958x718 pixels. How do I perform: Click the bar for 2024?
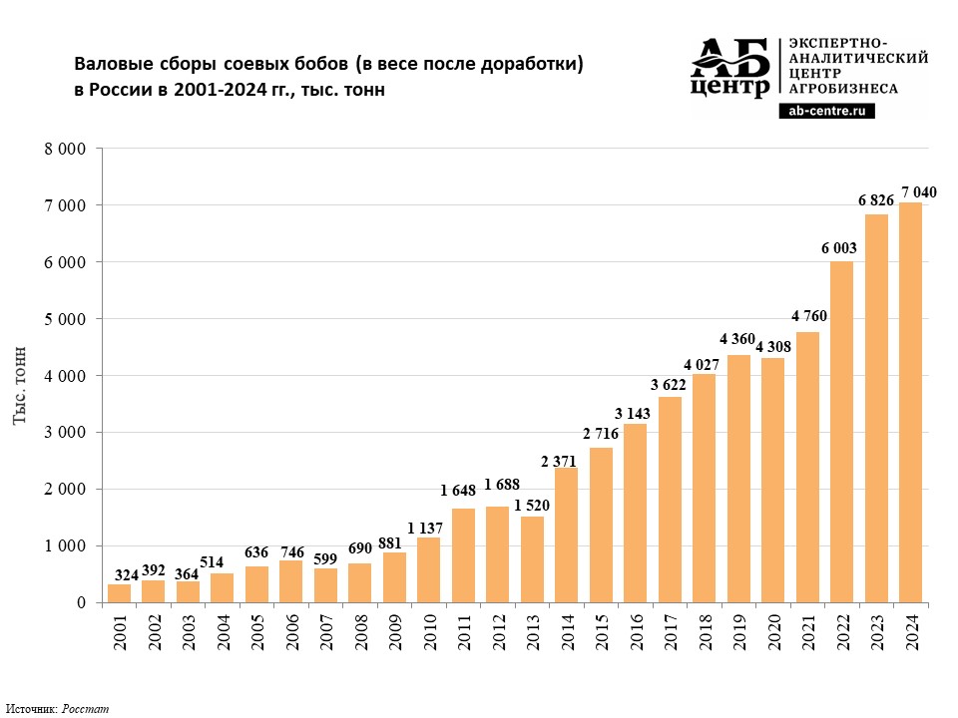coord(910,402)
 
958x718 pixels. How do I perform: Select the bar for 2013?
coord(532,559)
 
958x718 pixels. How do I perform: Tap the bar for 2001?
coord(119,593)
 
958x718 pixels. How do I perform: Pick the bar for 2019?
coord(738,479)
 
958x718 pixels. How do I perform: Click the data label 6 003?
coord(839,248)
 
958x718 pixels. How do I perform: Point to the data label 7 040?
coord(918,192)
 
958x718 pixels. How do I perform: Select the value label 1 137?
coord(425,528)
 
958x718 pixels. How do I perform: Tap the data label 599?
coord(325,558)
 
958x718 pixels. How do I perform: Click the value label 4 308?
coord(773,347)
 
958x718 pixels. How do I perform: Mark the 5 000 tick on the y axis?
coord(65,319)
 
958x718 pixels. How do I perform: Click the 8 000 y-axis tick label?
coord(65,149)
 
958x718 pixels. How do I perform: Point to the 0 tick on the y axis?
coord(81,603)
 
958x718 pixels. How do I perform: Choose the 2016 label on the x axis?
coord(636,632)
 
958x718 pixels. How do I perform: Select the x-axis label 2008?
coord(360,632)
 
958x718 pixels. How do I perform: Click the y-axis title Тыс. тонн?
coord(20,385)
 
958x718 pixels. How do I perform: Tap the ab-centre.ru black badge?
coord(826,111)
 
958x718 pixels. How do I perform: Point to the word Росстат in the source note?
coord(85,709)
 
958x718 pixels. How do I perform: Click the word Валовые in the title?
coord(114,64)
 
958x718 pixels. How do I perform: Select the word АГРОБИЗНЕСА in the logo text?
coord(843,89)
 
